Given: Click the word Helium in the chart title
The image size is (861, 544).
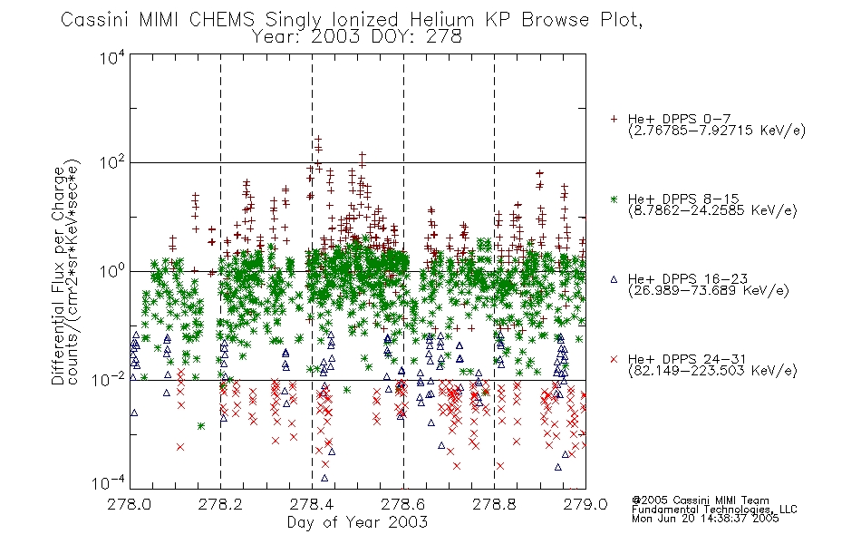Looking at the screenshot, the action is [x=441, y=20].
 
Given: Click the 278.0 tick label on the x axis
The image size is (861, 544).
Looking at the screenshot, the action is [x=130, y=504].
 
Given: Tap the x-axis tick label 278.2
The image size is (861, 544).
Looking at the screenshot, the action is [x=221, y=504].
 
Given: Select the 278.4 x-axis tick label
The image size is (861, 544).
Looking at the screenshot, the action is [x=312, y=504].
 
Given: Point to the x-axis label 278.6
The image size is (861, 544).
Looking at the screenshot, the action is [x=403, y=504].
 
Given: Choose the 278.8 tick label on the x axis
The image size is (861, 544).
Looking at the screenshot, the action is [x=494, y=504].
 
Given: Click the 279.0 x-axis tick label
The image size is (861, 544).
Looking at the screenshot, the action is [x=585, y=504].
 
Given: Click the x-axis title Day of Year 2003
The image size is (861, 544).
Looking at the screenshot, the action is [x=357, y=522].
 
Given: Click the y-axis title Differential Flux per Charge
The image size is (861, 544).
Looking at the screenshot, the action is [x=58, y=276].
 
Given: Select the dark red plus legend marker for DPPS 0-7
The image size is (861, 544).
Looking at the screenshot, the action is [x=614, y=119].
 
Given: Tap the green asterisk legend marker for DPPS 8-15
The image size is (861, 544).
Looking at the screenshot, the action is [x=614, y=199].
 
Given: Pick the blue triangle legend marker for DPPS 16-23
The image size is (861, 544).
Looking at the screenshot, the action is [x=614, y=279].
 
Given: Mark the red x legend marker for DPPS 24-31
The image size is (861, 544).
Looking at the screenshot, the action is [x=614, y=359].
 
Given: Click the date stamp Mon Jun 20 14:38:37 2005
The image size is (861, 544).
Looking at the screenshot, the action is [x=705, y=519].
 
